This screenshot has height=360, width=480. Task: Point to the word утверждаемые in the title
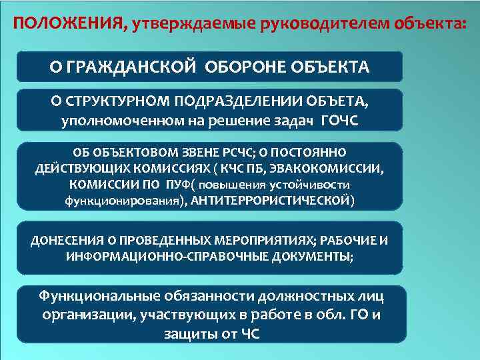183,25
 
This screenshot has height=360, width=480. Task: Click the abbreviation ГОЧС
339,121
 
